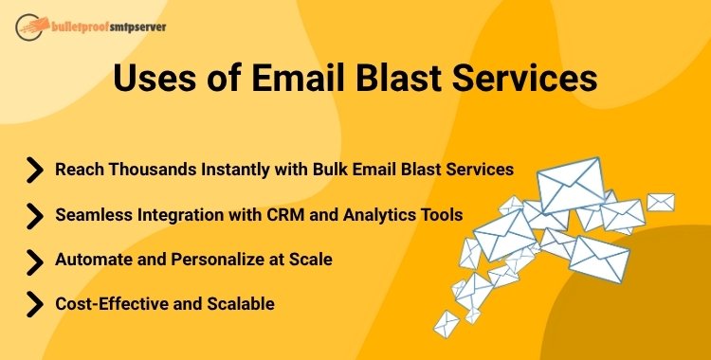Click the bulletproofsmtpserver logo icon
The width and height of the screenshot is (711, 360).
pos(27,25)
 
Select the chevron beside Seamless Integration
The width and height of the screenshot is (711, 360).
pos(34,215)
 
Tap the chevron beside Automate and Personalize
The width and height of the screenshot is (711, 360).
pos(34,260)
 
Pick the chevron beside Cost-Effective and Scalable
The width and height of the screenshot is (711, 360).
pos(34,304)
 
